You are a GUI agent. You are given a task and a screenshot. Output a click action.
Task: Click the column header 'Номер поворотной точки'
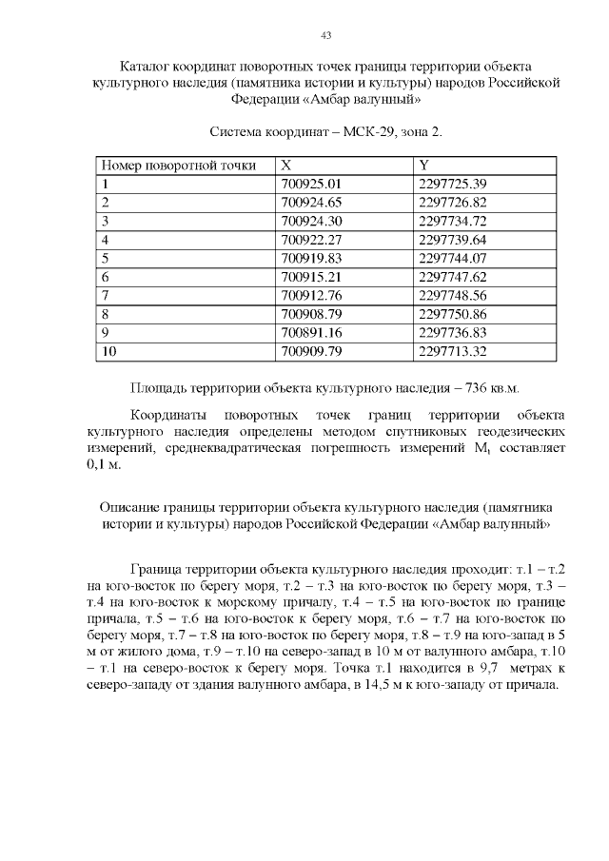(x=179, y=166)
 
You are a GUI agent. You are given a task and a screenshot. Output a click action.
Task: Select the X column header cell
(x=286, y=166)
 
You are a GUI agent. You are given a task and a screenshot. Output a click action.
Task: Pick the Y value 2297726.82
(x=453, y=202)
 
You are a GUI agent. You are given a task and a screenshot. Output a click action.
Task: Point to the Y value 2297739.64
(x=453, y=239)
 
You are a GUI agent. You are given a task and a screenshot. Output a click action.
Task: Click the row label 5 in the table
(x=106, y=258)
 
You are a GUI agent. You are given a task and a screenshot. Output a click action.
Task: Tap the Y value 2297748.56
(x=453, y=295)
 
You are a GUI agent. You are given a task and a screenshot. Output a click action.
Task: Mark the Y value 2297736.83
(x=453, y=332)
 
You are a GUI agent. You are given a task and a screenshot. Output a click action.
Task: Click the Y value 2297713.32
(x=453, y=351)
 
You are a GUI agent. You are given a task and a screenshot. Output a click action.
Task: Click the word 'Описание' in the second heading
(x=128, y=507)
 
